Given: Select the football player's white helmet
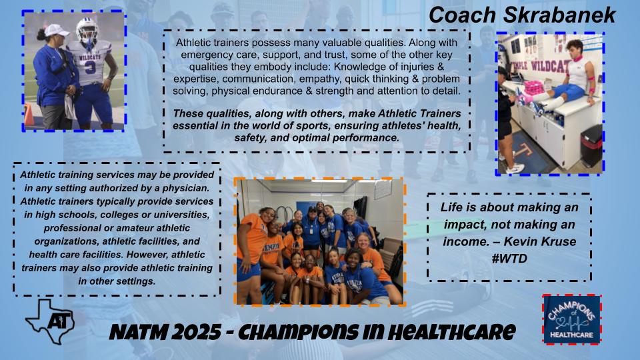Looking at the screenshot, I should [87, 30].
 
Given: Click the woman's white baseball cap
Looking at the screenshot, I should [57, 31].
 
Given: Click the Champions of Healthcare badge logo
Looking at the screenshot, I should [571, 319].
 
